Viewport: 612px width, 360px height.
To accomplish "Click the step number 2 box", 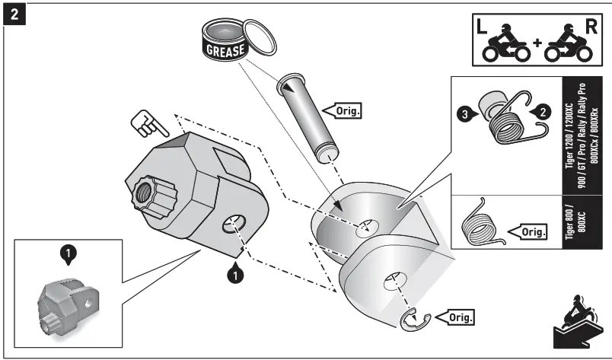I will (13, 14).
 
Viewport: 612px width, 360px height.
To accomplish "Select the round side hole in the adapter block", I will (233, 226).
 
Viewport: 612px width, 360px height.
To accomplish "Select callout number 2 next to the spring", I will (541, 110).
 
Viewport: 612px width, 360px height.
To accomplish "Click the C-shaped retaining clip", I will (412, 320).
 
